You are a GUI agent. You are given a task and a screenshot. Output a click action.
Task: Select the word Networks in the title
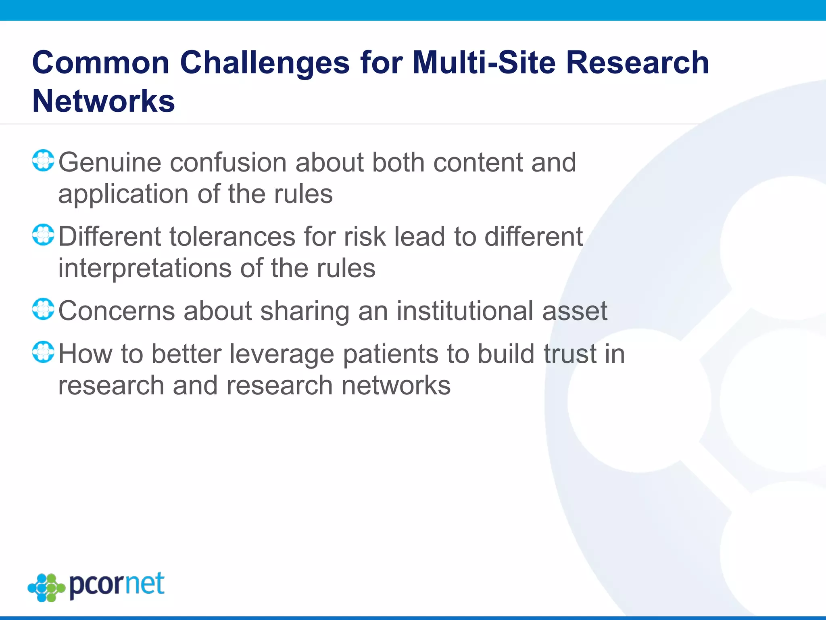pos(104,101)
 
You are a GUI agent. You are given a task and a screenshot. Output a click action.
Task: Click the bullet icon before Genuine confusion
pos(43,161)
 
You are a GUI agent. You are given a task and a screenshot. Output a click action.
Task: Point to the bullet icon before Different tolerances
pos(43,235)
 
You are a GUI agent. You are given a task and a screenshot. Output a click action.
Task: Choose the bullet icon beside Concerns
pos(43,309)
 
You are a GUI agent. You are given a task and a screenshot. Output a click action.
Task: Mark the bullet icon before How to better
pos(43,352)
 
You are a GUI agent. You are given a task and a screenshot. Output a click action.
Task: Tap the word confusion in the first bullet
pos(228,163)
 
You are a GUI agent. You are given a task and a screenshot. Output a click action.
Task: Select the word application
pos(123,195)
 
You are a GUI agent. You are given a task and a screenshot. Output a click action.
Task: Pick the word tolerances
pos(232,237)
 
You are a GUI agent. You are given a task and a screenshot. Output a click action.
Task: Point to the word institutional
pos(465,311)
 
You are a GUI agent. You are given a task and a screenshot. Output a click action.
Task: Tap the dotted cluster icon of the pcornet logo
pos(46,587)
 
